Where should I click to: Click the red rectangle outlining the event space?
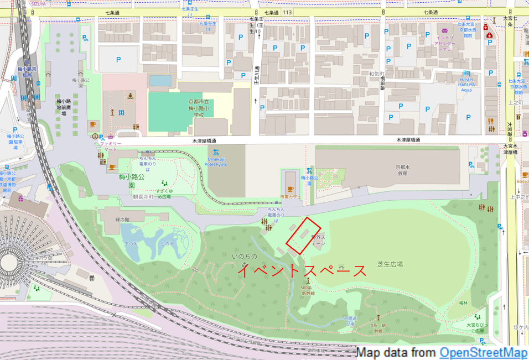tap(303, 236)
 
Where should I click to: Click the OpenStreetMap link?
tap(483, 353)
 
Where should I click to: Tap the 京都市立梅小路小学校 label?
tap(198, 107)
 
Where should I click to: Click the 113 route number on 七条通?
tap(287, 12)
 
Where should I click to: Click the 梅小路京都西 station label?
tap(25, 72)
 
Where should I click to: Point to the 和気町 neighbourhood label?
tap(376, 73)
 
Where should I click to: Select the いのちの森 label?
tap(245, 260)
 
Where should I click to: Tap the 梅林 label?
tap(464, 304)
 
